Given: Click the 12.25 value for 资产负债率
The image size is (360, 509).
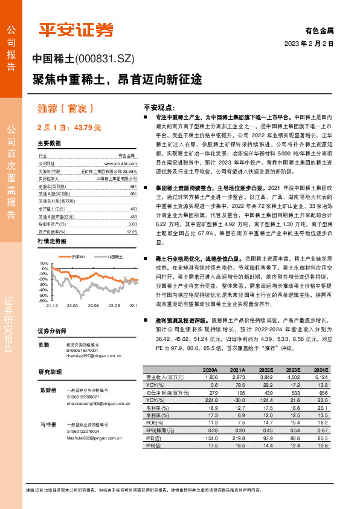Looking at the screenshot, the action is tap(132, 230).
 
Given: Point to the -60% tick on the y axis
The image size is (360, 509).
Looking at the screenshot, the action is tap(43, 300).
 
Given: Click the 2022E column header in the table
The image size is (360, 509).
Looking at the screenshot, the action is tap(264, 370).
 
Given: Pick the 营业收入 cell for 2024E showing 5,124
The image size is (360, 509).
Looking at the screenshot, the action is tap(320, 377).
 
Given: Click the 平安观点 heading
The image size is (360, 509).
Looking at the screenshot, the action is tap(158, 106).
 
